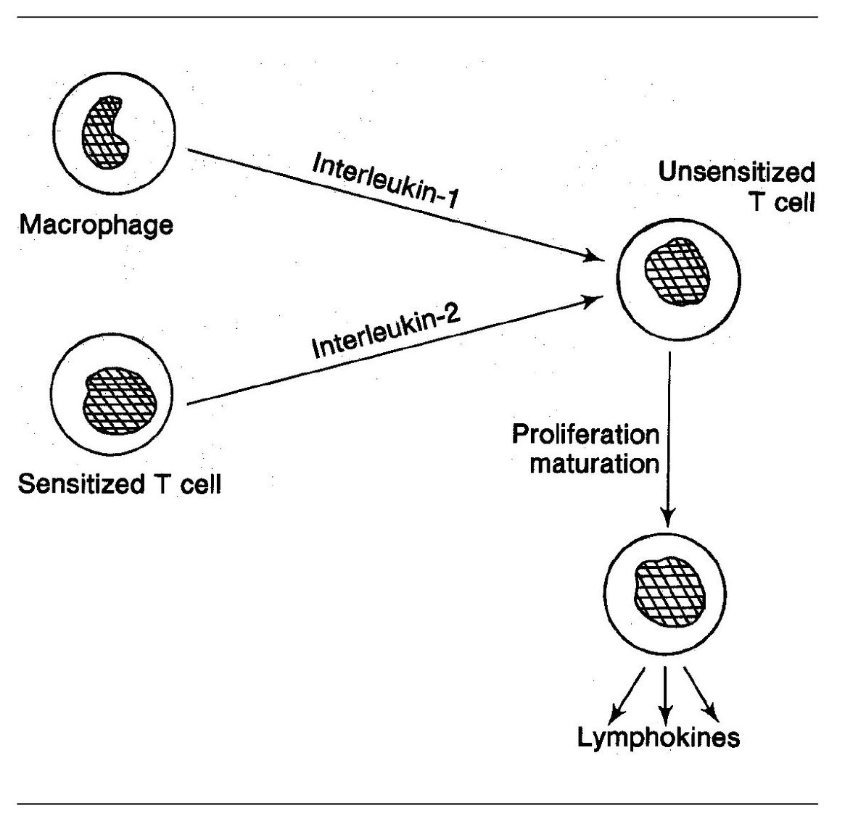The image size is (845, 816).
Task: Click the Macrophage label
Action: (96, 225)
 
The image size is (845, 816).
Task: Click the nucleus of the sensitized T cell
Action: (119, 404)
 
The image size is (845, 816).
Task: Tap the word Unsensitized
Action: (736, 172)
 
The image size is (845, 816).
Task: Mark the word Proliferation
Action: (585, 435)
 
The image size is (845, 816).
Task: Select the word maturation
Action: (594, 463)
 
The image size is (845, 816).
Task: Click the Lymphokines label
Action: (659, 738)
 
